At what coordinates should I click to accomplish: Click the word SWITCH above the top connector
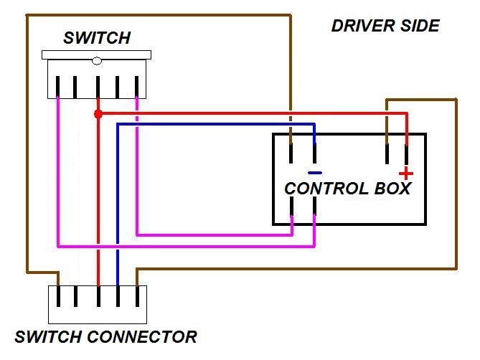[x=97, y=38]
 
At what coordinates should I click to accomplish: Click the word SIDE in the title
[x=420, y=27]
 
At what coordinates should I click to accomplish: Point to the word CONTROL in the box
[x=324, y=189]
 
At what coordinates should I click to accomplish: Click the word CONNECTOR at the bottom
[x=141, y=336]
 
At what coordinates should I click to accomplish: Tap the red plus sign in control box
[x=406, y=173]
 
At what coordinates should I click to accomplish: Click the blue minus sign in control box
[x=315, y=173]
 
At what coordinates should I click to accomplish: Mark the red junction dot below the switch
[x=98, y=114]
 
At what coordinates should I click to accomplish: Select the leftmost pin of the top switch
[x=58, y=87]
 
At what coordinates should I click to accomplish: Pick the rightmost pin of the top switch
[x=136, y=87]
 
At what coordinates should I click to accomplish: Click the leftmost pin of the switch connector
[x=58, y=296]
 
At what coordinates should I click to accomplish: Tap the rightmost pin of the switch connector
[x=136, y=296]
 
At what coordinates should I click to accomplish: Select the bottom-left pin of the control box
[x=291, y=207]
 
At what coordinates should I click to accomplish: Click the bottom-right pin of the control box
[x=315, y=207]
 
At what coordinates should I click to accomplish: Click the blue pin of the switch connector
[x=118, y=296]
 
